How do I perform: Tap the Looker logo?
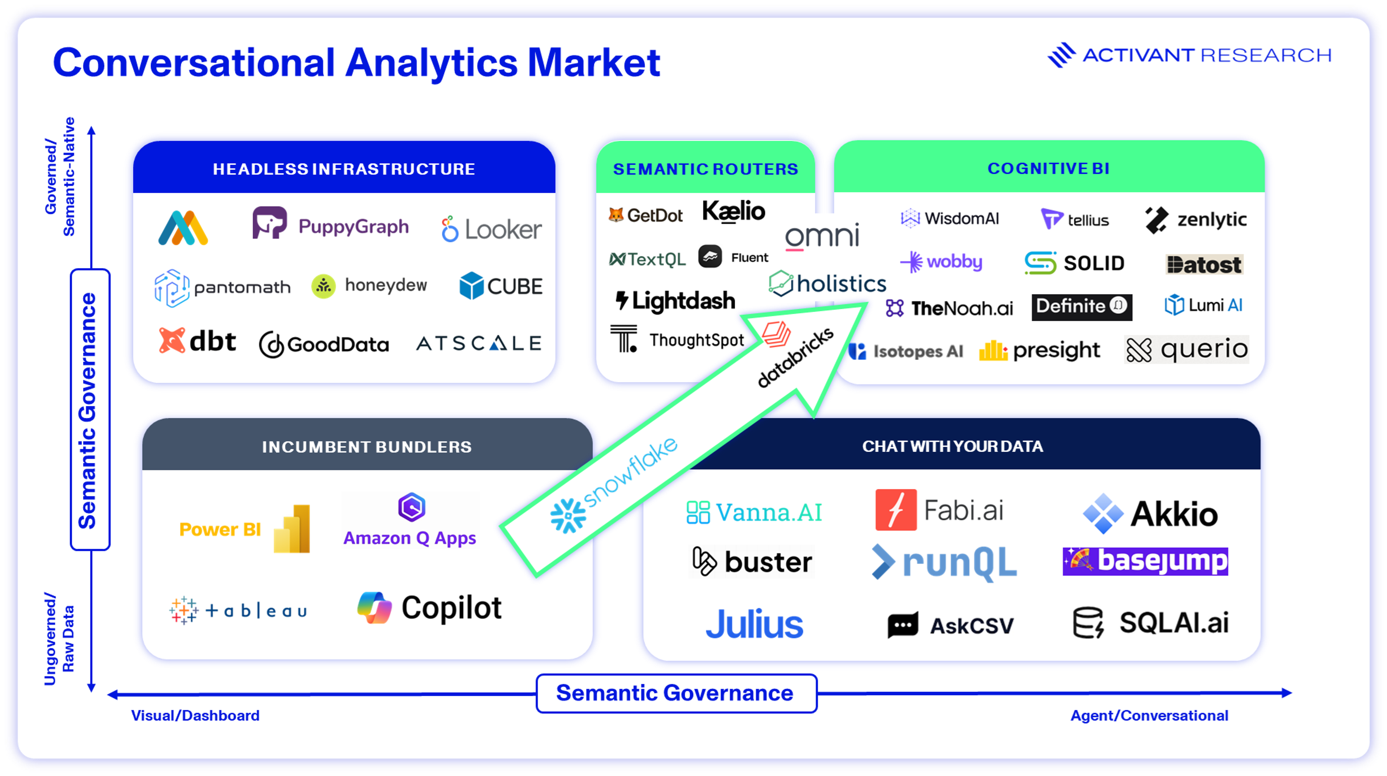(491, 230)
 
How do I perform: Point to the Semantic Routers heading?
(705, 169)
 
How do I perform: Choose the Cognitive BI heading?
(1048, 168)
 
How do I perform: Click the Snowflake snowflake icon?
(567, 516)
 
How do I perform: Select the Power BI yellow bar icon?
(292, 529)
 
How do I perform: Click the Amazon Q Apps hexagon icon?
(412, 507)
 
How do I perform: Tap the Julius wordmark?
(754, 624)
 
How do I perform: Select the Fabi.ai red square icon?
(895, 510)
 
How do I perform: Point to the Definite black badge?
(1081, 307)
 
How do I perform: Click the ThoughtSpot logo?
(677, 339)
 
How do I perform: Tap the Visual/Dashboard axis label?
(195, 715)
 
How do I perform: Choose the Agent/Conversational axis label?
(1149, 715)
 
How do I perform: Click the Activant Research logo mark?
(1061, 55)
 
